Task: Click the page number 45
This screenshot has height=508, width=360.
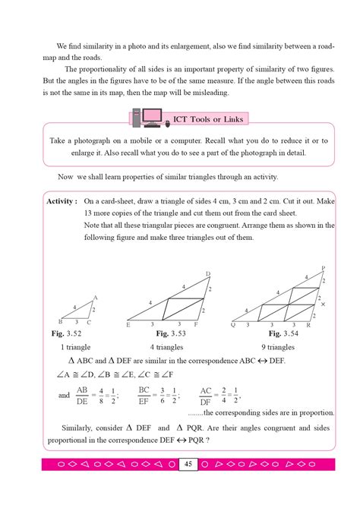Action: click(188, 462)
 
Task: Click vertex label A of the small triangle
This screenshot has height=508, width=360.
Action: click(96, 297)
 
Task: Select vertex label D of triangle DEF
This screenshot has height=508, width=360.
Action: click(208, 273)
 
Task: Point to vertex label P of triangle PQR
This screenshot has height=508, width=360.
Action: click(323, 268)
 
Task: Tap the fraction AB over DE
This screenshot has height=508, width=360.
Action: click(83, 395)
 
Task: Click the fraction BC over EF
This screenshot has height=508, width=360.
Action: click(143, 395)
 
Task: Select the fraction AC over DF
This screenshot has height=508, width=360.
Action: click(206, 395)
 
